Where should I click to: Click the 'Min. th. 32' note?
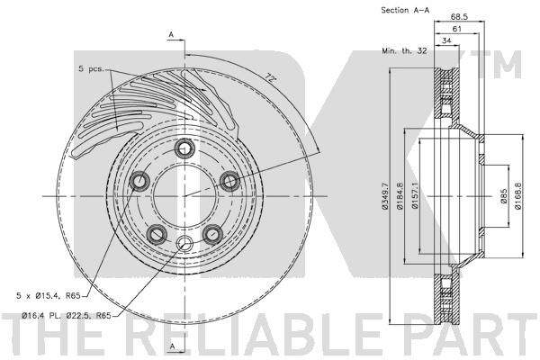click(403, 54)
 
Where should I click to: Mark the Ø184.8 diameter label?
click(401, 195)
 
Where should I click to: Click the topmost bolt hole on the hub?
click(184, 149)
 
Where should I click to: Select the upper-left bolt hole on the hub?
click(140, 183)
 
